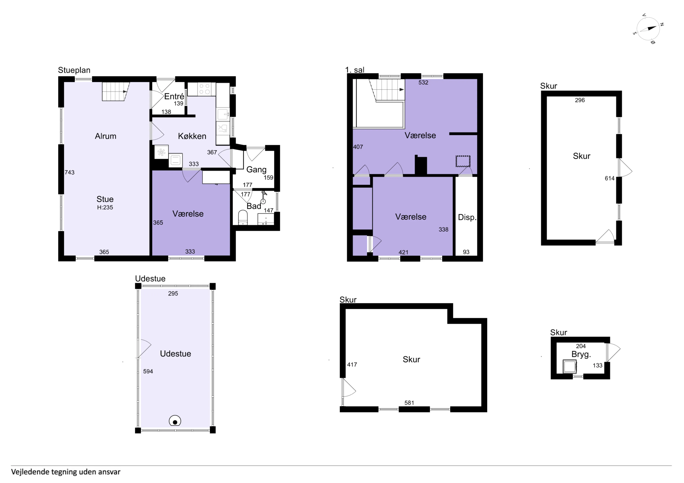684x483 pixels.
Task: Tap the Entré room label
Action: (174, 96)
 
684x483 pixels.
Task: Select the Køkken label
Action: (192, 136)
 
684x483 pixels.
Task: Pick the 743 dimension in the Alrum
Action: (69, 172)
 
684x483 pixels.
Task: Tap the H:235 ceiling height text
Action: (105, 207)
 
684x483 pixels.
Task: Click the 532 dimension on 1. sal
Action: (423, 82)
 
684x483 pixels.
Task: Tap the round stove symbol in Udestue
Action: (175, 421)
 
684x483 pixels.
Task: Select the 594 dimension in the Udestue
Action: (148, 371)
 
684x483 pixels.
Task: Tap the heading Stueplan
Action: (74, 70)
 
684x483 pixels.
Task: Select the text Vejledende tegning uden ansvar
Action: (66, 472)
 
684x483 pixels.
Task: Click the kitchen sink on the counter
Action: (223, 114)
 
